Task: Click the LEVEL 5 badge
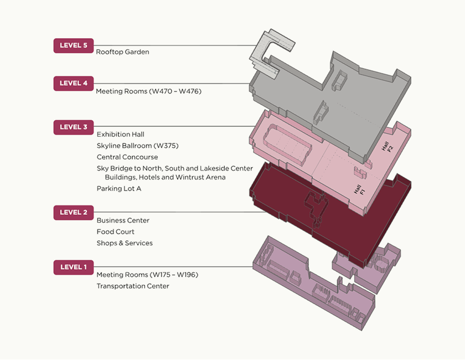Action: tap(74, 45)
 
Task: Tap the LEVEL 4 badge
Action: tap(74, 84)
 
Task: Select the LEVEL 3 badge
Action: tap(74, 127)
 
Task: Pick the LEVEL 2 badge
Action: tap(74, 212)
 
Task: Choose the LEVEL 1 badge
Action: tap(74, 268)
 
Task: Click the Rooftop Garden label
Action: tap(122, 52)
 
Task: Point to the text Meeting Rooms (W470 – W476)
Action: tap(148, 91)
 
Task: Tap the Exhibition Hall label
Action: tap(120, 135)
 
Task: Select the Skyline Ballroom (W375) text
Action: tap(137, 146)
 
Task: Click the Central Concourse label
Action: tap(127, 157)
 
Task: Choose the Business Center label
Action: tap(123, 220)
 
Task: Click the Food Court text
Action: tap(115, 232)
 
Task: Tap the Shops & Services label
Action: tap(125, 243)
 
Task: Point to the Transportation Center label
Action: tap(133, 286)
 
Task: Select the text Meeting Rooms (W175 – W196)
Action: tap(147, 275)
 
